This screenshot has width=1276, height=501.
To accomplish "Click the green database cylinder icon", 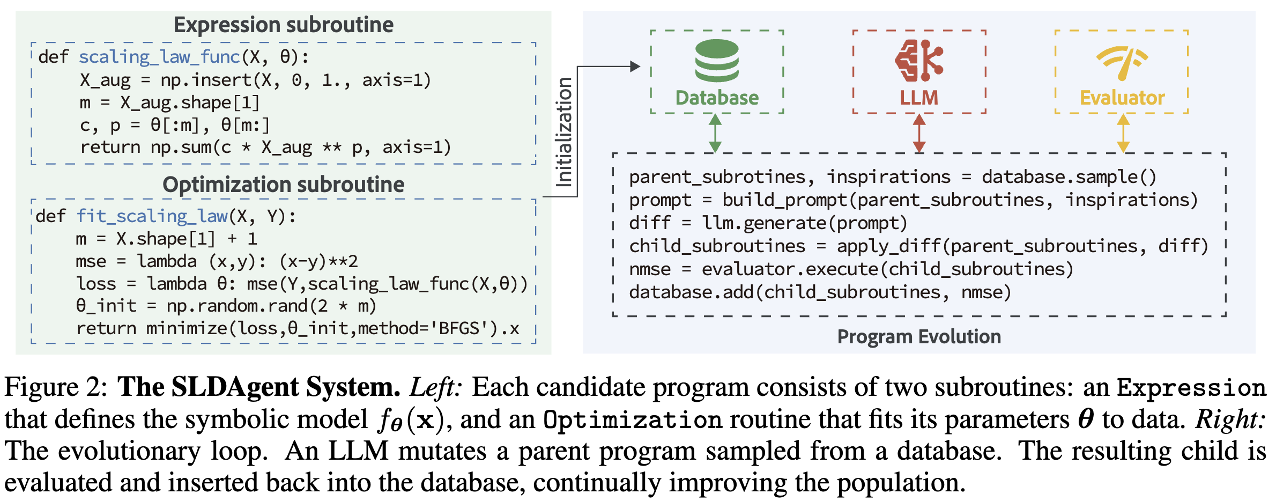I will tap(717, 60).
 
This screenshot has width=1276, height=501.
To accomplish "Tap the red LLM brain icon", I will tap(919, 60).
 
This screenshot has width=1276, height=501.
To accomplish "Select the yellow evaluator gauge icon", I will tap(1122, 61).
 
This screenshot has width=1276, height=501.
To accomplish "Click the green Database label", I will tap(717, 98).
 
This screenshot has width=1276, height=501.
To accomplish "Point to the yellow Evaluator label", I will tap(1122, 98).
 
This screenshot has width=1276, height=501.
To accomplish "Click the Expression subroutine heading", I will tap(284, 25).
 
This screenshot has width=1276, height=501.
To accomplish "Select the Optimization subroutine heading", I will tap(284, 184).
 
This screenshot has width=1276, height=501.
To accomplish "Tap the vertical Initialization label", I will tap(563, 132).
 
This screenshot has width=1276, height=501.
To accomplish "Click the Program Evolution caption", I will tap(919, 336).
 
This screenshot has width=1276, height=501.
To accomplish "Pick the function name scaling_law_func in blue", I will tap(159, 57).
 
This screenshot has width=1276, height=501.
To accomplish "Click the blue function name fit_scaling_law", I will tap(152, 216).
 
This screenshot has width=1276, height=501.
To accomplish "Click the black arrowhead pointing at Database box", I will tap(635, 67).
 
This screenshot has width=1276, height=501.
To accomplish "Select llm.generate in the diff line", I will tap(764, 223).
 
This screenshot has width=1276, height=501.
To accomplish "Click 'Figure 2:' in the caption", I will tap(56, 387).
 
